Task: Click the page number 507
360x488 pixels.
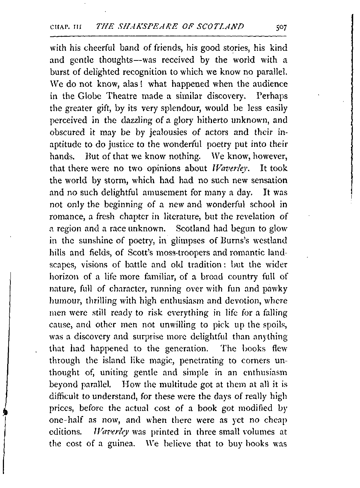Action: (x=279, y=27)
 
